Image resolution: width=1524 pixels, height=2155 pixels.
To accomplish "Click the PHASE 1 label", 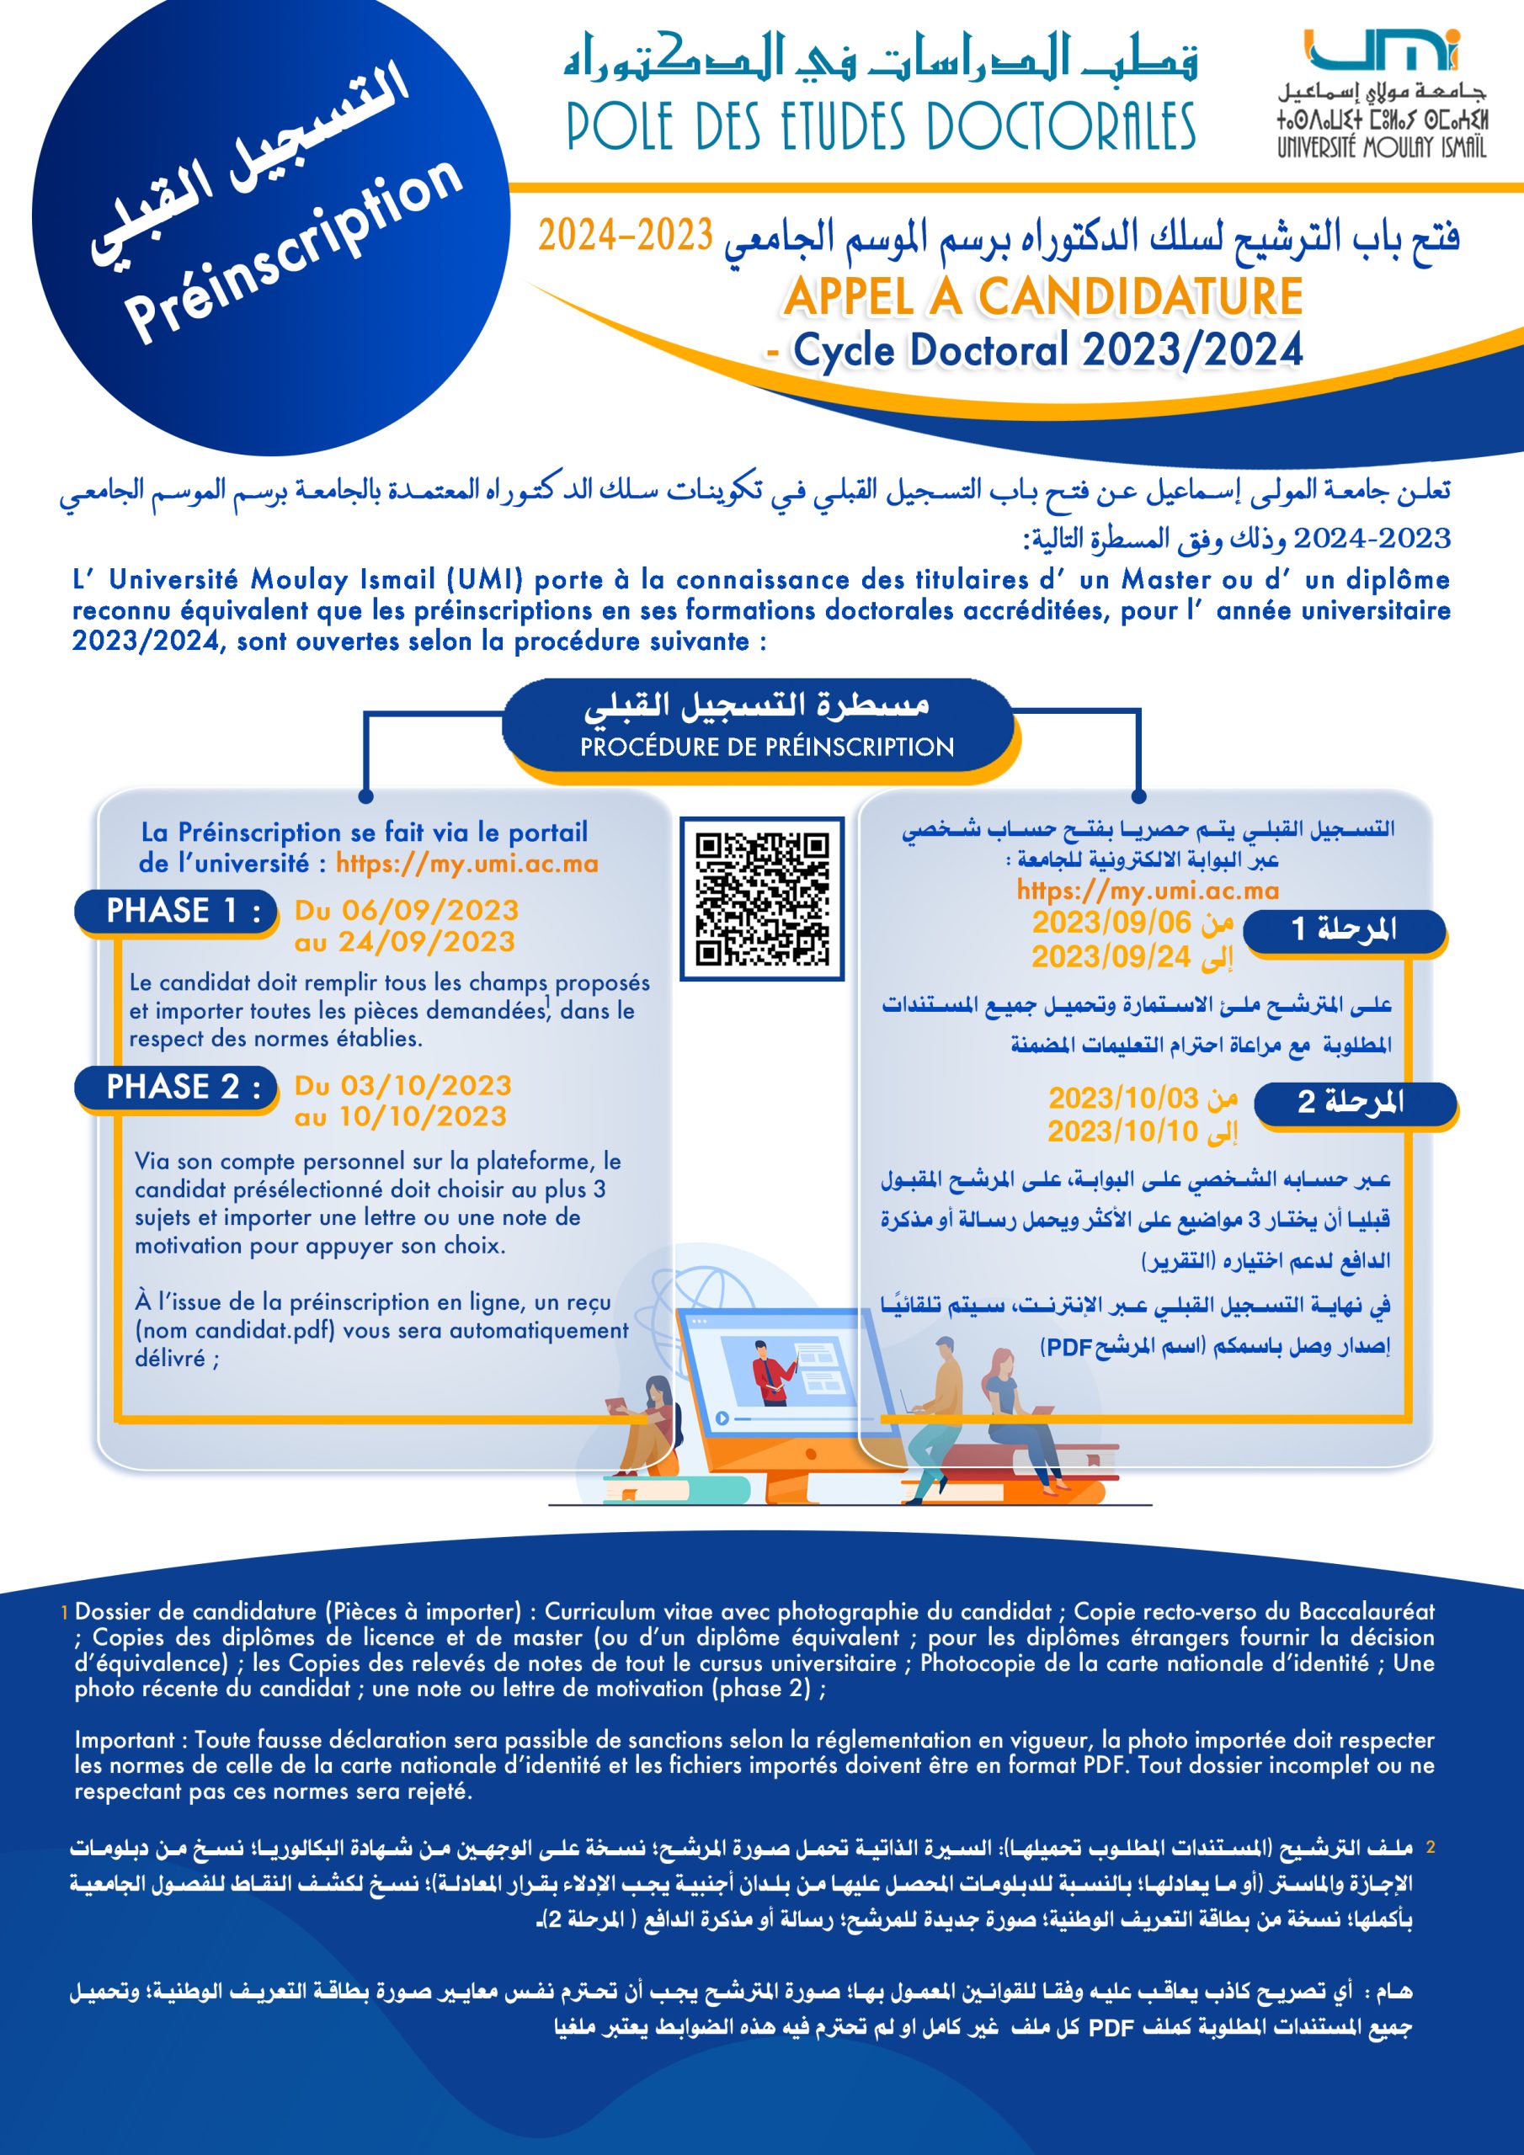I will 177,912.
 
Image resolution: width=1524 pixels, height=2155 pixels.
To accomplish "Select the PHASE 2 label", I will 177,1087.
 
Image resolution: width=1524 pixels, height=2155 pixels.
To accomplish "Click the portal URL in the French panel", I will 466,864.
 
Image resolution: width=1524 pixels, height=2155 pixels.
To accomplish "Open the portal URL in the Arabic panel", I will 1148,890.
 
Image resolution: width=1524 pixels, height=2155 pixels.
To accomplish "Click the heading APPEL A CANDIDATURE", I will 1042,296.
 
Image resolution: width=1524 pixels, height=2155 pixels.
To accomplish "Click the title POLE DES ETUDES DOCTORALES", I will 881,128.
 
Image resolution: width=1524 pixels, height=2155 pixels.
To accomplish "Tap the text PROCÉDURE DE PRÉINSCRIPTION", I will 766,748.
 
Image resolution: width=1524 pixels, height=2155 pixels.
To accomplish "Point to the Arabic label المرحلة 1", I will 1344,929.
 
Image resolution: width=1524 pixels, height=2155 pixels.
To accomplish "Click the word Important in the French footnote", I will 125,1739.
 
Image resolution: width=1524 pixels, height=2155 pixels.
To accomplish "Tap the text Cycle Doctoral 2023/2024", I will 1047,351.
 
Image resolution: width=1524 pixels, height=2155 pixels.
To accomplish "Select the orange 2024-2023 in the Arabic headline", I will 625,236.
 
